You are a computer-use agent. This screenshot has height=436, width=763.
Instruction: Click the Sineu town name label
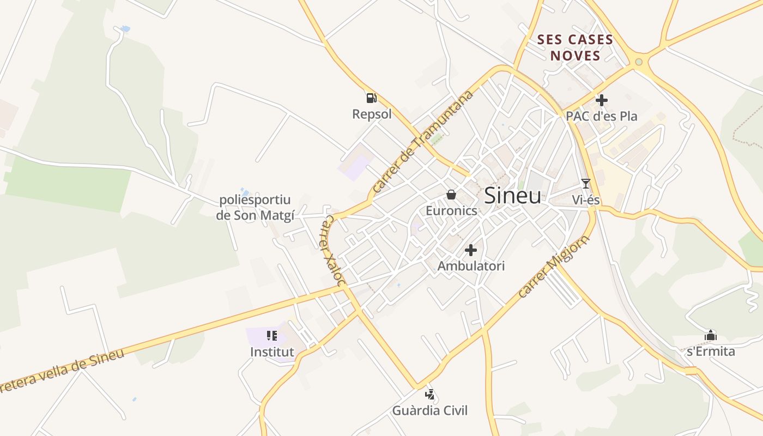click(512, 196)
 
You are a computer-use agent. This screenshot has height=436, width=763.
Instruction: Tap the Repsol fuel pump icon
click(371, 98)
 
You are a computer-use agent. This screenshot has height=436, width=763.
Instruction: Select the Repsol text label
click(372, 114)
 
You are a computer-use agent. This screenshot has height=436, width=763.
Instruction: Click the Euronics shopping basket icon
click(451, 195)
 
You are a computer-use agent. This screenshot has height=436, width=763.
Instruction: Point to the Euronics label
click(451, 211)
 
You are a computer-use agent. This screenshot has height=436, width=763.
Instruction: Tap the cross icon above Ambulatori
click(471, 250)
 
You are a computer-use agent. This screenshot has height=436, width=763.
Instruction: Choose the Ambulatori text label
click(471, 266)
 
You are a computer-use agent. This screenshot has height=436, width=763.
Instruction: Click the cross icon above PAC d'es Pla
click(602, 100)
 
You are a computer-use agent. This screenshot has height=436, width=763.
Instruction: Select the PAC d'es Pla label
click(601, 116)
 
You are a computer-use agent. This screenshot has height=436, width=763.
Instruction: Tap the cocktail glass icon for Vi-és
click(586, 184)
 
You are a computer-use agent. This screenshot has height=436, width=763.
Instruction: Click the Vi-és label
click(586, 200)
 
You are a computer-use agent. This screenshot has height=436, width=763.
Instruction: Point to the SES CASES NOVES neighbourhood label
click(575, 47)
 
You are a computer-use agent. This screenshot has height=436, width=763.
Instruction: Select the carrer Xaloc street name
click(332, 250)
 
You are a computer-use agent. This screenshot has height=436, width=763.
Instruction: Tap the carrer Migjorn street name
click(554, 267)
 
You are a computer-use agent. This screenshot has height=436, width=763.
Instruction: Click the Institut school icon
click(271, 336)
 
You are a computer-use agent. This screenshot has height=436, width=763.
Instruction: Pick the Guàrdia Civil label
click(430, 410)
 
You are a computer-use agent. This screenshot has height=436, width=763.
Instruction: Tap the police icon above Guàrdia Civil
click(430, 394)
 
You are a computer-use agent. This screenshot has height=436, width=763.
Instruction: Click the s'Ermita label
click(711, 352)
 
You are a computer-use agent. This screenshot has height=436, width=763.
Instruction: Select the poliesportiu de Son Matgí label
click(255, 208)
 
